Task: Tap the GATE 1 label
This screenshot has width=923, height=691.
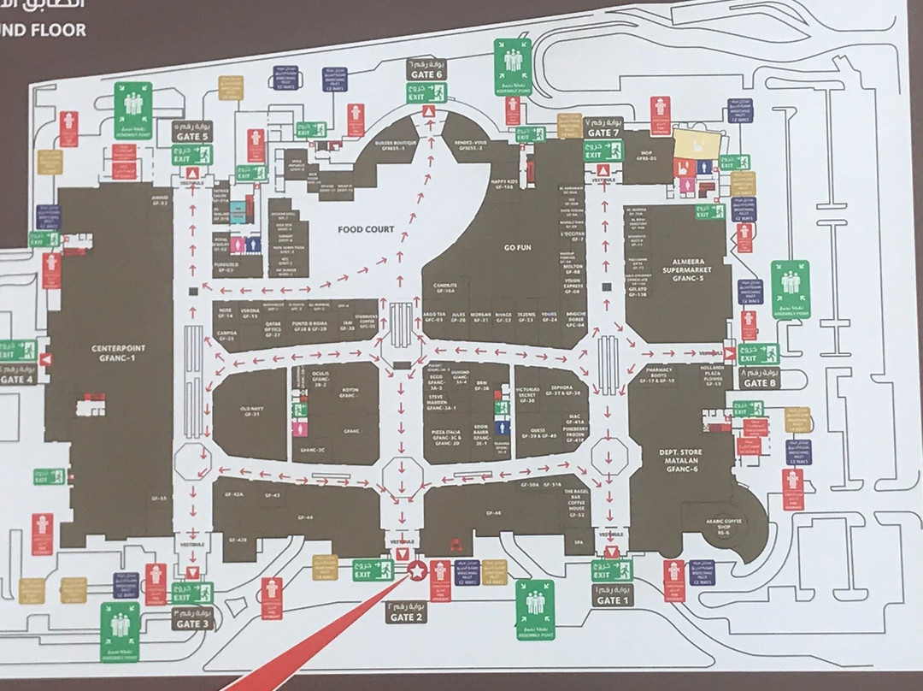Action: (x=609, y=599)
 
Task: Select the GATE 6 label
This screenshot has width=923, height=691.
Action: (x=426, y=74)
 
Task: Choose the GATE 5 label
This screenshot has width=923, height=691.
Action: (x=192, y=135)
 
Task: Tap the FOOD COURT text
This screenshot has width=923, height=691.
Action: (x=366, y=229)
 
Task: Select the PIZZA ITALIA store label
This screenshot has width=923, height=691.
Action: (x=447, y=437)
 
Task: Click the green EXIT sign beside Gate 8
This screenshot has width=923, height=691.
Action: (x=759, y=353)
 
